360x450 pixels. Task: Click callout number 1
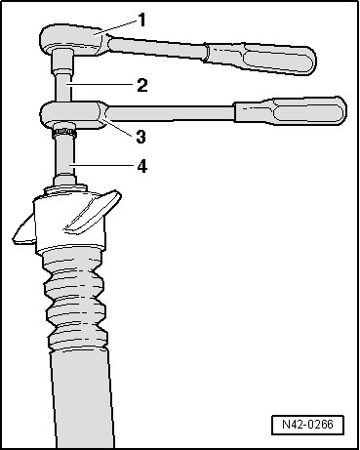coord(141,20)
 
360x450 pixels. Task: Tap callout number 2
coord(142,86)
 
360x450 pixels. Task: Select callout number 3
coord(140,137)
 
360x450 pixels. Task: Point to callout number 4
coord(142,167)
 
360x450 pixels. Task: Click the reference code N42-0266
coord(307,425)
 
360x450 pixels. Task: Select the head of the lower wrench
coord(73,114)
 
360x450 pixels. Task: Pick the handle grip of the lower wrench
coord(291,110)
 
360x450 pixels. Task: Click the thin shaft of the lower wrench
coord(171,113)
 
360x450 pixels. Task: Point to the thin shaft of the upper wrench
coord(157,48)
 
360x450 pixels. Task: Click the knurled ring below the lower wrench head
coord(64,133)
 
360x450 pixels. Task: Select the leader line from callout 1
coord(119,25)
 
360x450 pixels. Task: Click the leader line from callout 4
coord(103,166)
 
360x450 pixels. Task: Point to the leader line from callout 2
coord(101,85)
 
